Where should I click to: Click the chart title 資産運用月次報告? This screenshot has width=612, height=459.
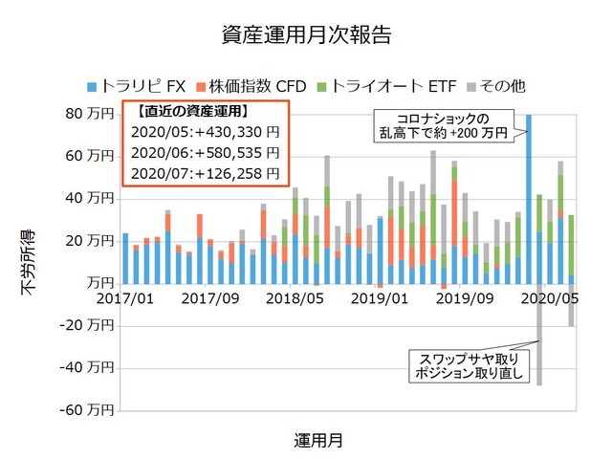[x=305, y=35]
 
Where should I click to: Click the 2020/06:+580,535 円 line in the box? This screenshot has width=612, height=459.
[x=204, y=153]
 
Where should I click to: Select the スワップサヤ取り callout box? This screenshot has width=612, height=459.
[x=468, y=366]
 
